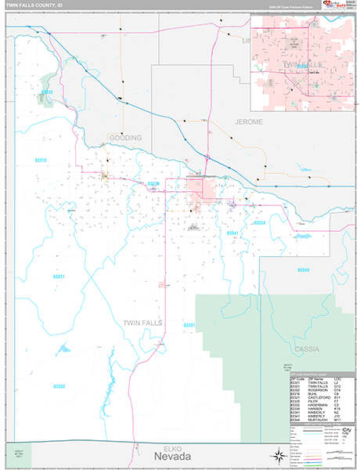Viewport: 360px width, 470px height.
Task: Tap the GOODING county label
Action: click(x=125, y=138)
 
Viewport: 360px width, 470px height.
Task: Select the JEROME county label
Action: click(x=249, y=123)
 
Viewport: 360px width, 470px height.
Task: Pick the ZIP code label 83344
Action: click(x=304, y=269)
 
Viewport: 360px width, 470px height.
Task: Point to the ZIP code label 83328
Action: click(x=153, y=184)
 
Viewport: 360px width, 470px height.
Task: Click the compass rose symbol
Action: click(x=277, y=457)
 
